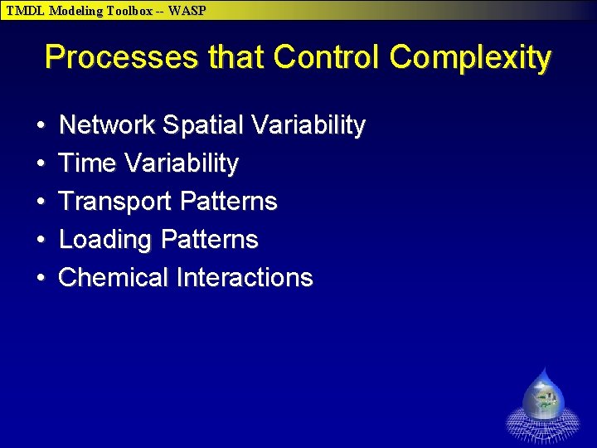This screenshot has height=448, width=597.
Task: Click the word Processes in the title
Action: click(121, 58)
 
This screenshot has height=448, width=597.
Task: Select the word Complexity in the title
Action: click(470, 58)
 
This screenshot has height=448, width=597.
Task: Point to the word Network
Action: click(107, 125)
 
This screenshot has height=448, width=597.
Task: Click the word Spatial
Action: click(203, 125)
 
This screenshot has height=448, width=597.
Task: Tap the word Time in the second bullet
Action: click(88, 163)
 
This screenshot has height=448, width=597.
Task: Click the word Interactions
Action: click(245, 277)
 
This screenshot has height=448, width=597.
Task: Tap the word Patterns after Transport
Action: click(228, 202)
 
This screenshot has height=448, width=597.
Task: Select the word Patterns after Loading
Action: click(210, 240)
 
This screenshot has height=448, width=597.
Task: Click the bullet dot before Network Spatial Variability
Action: click(41, 126)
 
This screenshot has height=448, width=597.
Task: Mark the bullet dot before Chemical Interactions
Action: click(41, 278)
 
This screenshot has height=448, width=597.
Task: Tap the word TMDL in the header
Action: click(26, 11)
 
